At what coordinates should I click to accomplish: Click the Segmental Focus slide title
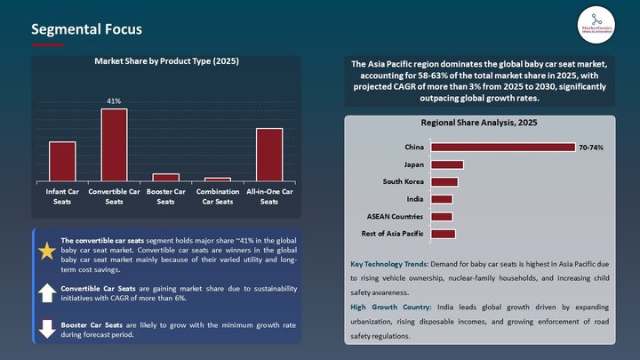coord(86,29)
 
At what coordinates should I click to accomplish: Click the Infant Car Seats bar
coord(62,161)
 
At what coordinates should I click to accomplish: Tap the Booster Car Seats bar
coord(165,177)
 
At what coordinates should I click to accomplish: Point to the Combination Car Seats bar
coord(217,179)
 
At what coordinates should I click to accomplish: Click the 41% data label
coord(114,101)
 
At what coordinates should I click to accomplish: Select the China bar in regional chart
coord(501,148)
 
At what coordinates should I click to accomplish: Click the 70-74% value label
coord(591,148)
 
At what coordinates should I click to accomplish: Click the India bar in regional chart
coord(441,199)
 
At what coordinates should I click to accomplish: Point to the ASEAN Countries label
coord(396,217)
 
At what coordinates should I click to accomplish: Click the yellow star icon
coord(47,252)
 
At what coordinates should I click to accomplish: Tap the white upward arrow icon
coord(47,292)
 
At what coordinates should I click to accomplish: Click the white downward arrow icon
coord(47,328)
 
